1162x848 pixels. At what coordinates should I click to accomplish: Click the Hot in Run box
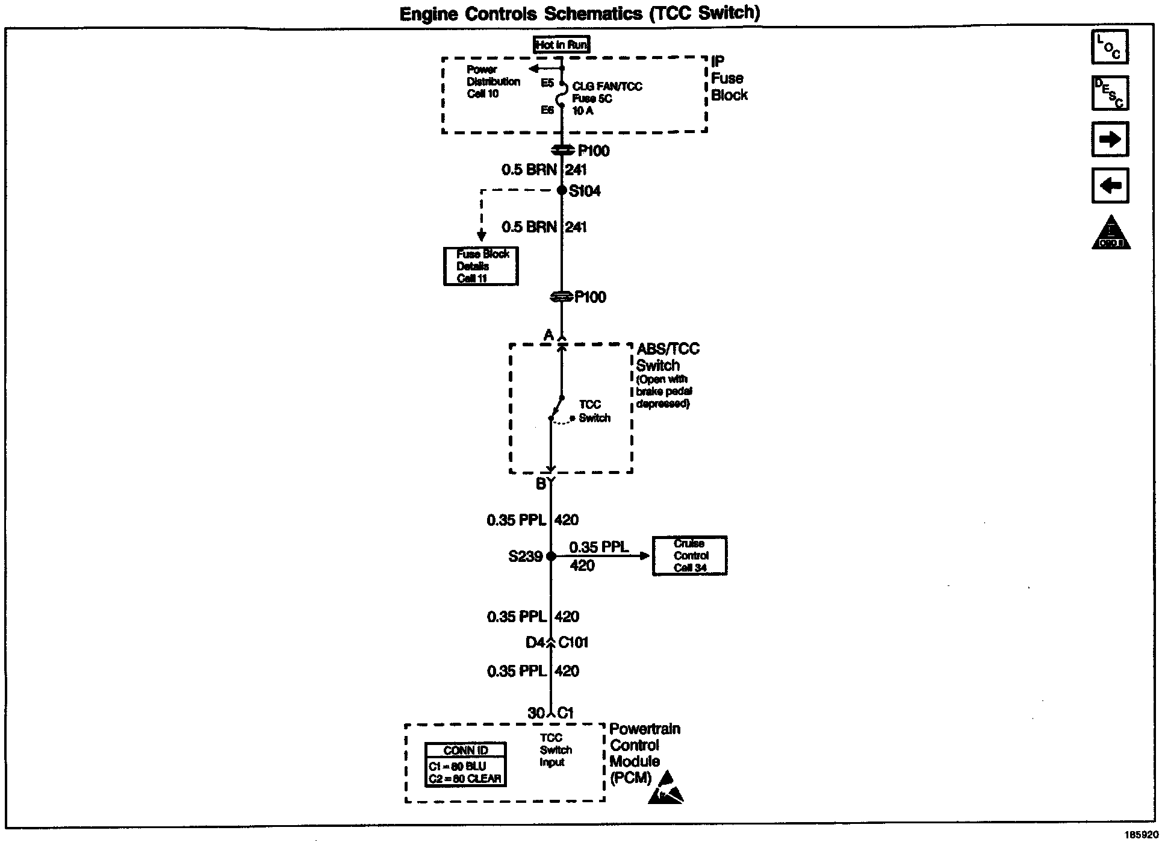point(562,45)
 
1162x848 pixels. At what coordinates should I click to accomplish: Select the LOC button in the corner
point(1110,47)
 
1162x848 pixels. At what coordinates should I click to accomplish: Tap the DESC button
point(1110,93)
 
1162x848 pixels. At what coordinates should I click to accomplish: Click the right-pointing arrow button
point(1110,139)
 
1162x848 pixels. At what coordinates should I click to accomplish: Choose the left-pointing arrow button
point(1110,185)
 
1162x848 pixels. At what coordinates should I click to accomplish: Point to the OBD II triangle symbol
point(1111,234)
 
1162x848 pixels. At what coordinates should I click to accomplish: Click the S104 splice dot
point(562,191)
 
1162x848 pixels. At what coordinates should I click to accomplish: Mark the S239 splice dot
point(551,556)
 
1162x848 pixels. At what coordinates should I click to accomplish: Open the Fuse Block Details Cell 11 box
point(481,266)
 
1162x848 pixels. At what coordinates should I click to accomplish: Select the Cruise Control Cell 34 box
point(690,555)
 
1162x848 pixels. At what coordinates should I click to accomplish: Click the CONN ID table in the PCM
point(465,764)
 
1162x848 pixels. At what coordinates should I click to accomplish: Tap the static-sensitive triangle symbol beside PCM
point(666,789)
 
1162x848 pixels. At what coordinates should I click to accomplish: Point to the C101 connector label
point(573,643)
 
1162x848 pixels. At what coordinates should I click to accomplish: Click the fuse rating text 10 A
point(583,111)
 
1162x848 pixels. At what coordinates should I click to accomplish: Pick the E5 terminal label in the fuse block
point(547,83)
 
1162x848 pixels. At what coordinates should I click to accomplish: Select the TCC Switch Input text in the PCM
point(555,750)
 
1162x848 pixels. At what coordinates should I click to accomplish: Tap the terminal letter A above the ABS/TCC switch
point(548,335)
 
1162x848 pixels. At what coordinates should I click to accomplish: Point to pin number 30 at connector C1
point(536,713)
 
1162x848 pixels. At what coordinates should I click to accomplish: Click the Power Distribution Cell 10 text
point(492,82)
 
